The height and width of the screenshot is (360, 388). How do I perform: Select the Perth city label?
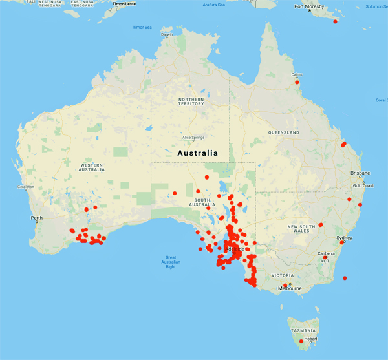point(36,218)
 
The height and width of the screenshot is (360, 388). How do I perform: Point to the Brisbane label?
point(360,173)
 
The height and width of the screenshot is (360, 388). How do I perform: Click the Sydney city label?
point(345,238)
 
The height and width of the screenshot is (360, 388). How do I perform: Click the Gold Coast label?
point(363,186)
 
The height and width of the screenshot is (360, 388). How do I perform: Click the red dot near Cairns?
point(297,82)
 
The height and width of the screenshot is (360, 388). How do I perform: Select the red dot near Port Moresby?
point(335,21)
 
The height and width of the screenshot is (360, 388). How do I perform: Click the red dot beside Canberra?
point(325,257)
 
